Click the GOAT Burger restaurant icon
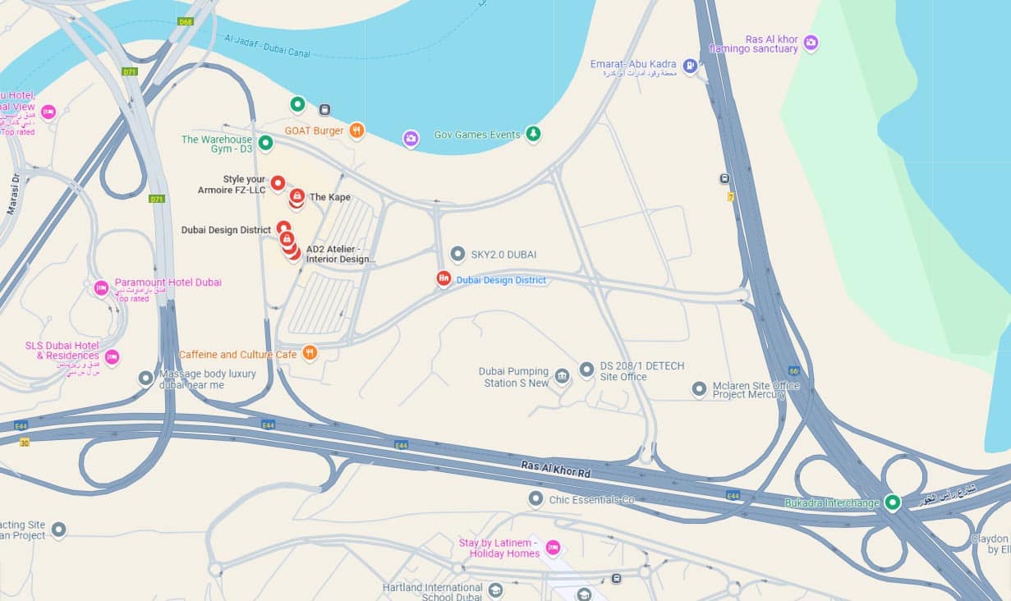(356, 131)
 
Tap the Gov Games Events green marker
(533, 134)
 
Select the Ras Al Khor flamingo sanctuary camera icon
(811, 43)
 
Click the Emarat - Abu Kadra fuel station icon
(690, 66)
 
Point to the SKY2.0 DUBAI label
(503, 255)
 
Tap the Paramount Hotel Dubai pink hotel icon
(101, 288)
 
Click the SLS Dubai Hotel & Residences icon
(112, 356)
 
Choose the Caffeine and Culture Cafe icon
(310, 353)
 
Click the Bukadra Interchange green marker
(892, 502)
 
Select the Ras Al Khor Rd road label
(556, 470)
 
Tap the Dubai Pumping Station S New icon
(562, 376)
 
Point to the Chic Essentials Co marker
(535, 498)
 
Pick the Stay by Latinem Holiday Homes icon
(553, 548)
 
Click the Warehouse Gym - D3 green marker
(265, 144)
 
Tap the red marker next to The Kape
(296, 196)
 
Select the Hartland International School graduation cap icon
(495, 590)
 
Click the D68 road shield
(186, 21)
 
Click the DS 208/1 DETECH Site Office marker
(586, 369)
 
